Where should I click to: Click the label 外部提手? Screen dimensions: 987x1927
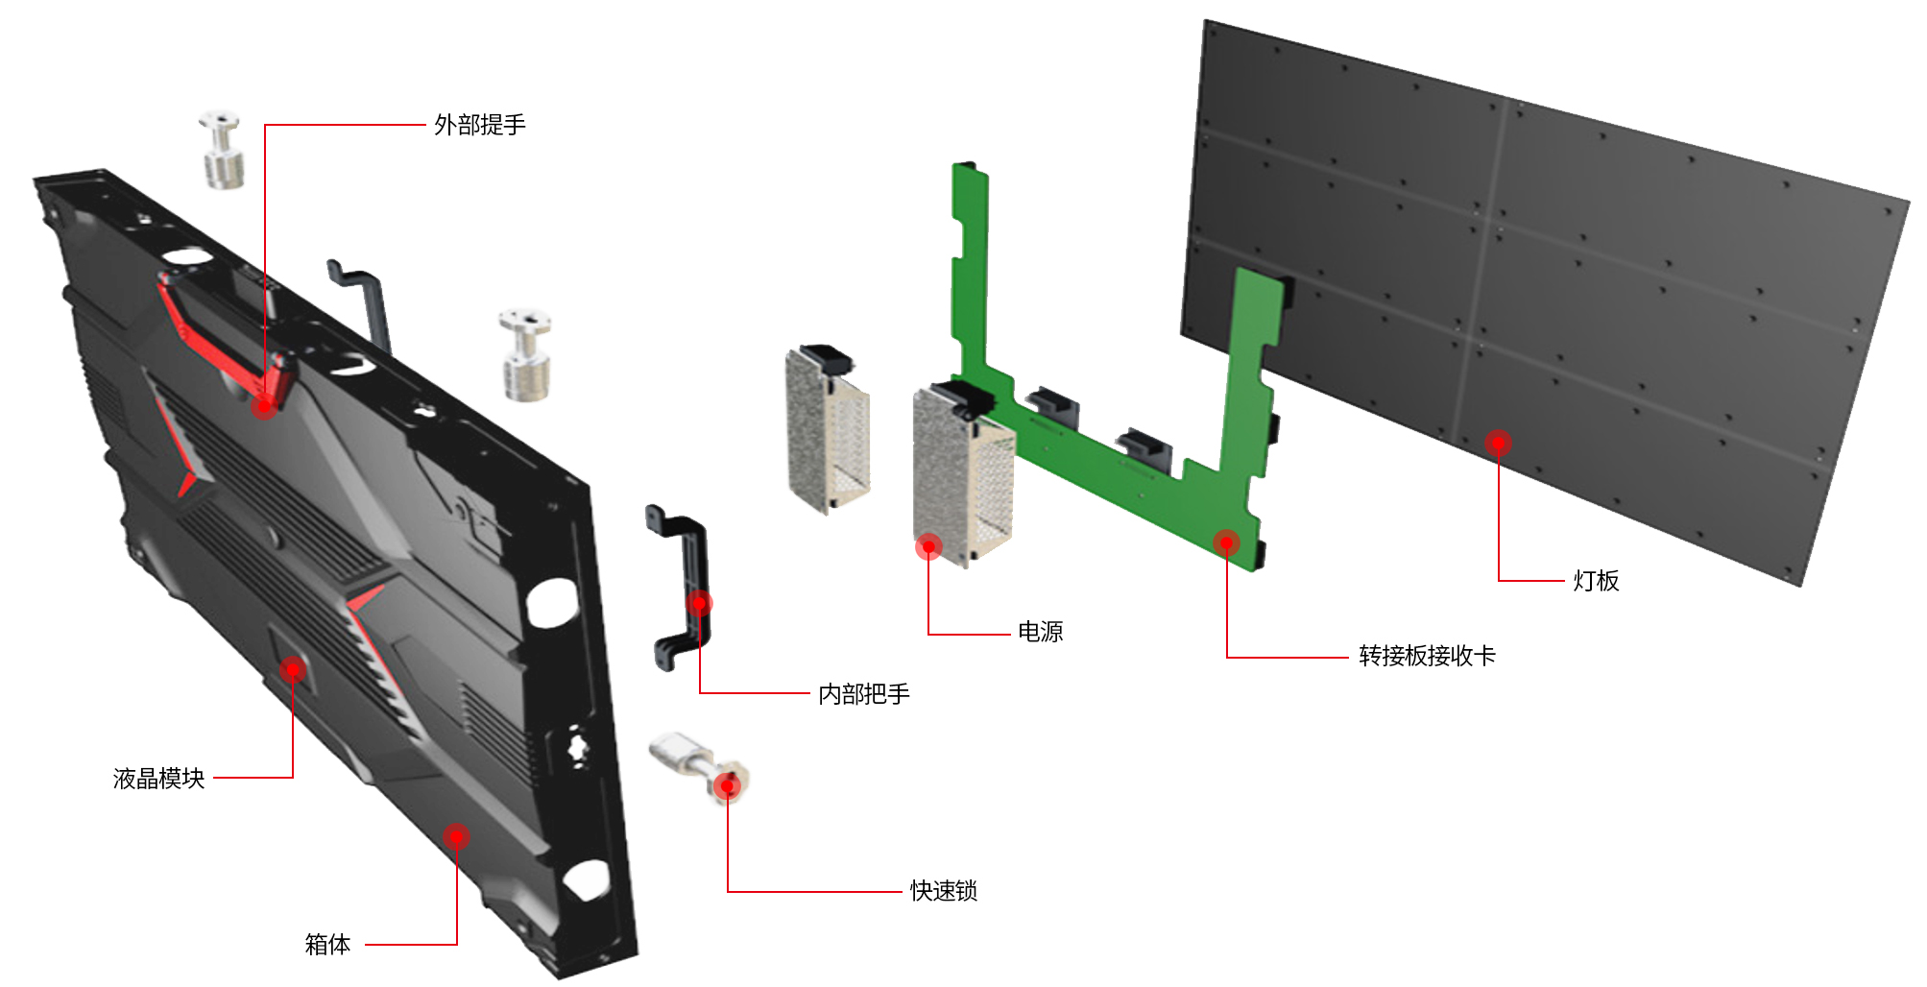pyautogui.click(x=479, y=125)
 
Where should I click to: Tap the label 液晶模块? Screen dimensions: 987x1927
pyautogui.click(x=158, y=778)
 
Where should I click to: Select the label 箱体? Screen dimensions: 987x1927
pyautogui.click(x=327, y=945)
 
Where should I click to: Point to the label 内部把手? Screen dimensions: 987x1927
pyautogui.click(x=863, y=694)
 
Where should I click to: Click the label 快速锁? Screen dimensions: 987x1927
pyautogui.click(x=943, y=891)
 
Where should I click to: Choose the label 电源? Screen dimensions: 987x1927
pyautogui.click(x=1040, y=632)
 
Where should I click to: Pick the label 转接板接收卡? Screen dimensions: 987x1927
pyautogui.click(x=1427, y=656)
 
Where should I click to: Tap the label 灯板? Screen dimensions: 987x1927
pyautogui.click(x=1596, y=581)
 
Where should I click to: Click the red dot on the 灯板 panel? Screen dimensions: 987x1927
pyautogui.click(x=1498, y=443)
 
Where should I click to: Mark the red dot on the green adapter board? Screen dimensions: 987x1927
pyautogui.click(x=1226, y=542)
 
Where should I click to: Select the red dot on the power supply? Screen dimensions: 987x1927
pyautogui.click(x=928, y=546)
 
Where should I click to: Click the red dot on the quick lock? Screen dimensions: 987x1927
pyautogui.click(x=728, y=786)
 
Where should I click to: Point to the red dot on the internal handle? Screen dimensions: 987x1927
pyautogui.click(x=700, y=603)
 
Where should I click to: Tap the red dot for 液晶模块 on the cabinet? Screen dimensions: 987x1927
pyautogui.click(x=293, y=669)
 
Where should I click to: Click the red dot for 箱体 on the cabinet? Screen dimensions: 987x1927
pyautogui.click(x=456, y=836)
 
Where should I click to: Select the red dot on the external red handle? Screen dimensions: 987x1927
pyautogui.click(x=264, y=406)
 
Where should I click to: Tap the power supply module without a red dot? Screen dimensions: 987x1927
pyautogui.click(x=827, y=427)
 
